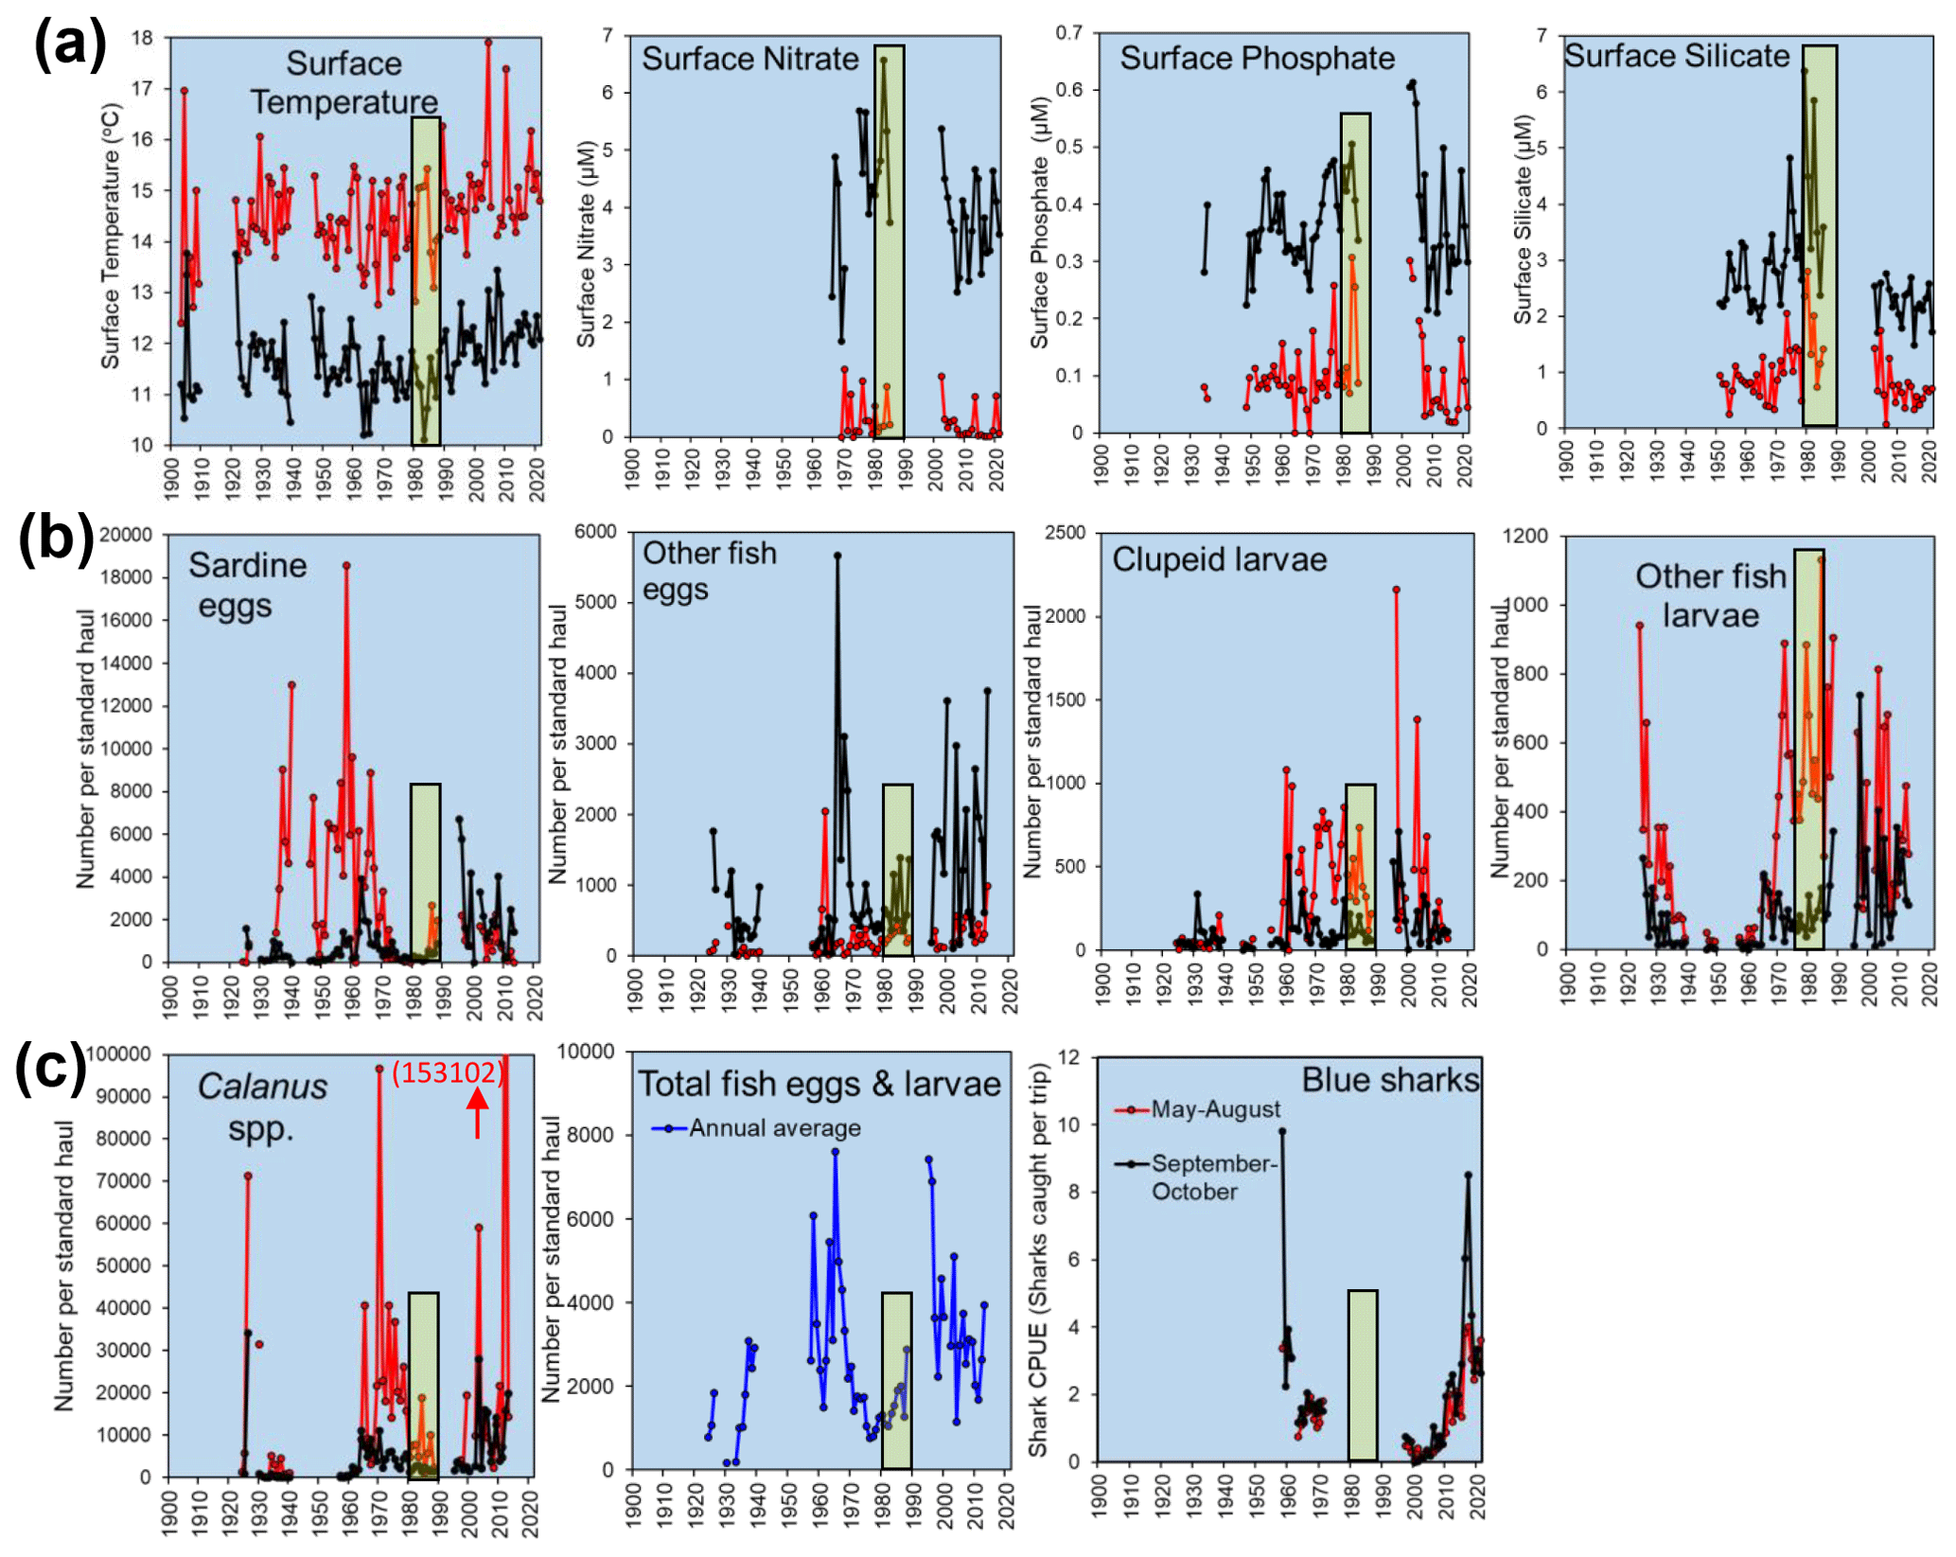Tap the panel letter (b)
56,539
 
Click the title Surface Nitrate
749,59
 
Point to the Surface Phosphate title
1256,58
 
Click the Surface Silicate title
1675,56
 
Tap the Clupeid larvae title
1218,559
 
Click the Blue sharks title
1388,1080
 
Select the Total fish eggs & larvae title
819,1084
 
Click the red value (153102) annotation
447,1072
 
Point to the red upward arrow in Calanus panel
477,1111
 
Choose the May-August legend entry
1214,1109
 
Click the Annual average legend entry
773,1128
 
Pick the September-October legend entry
1212,1177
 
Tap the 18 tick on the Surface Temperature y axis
141,38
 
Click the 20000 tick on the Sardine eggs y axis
125,535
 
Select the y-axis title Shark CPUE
1038,1260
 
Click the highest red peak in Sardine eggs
346,565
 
